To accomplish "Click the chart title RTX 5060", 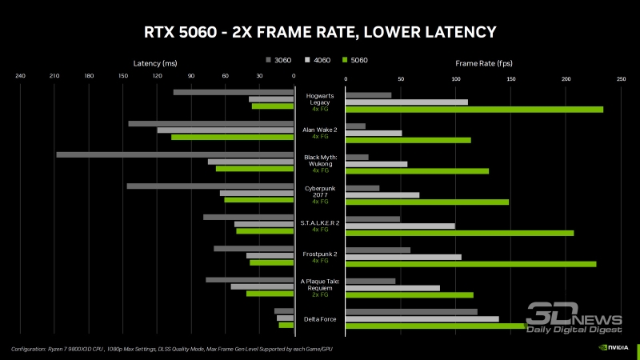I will (319, 32).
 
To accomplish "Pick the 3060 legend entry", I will (278, 60).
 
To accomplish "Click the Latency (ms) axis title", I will (155, 62).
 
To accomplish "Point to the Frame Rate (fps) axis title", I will (483, 62).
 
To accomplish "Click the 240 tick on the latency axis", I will (20, 77).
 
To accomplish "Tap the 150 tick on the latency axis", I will (123, 77).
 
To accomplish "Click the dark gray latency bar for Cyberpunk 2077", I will (210, 186).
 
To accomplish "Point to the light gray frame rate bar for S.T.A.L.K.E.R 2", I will (400, 226).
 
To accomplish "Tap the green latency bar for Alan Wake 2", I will (232, 138).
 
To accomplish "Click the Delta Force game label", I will (320, 319).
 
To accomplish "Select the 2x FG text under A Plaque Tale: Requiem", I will (320, 294).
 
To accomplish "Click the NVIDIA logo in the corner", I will (613, 349).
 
